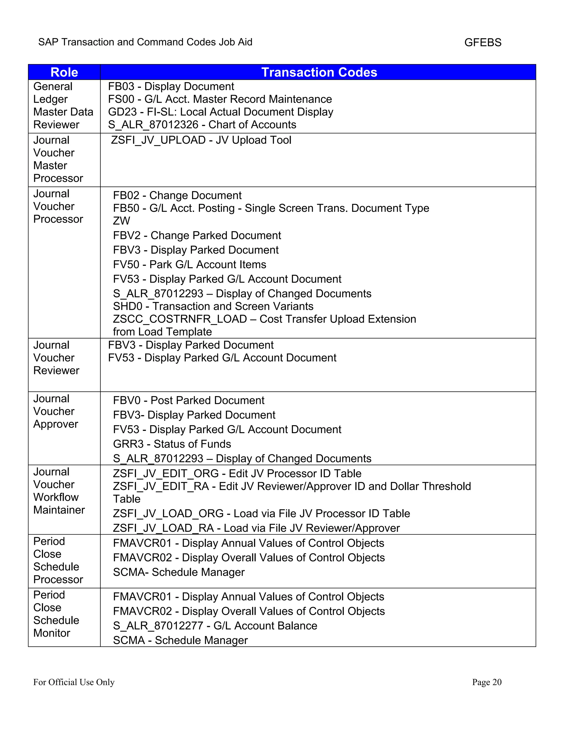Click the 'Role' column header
tap(64, 72)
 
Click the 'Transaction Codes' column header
tap(319, 72)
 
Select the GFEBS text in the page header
tap(483, 42)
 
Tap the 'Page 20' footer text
tap(486, 682)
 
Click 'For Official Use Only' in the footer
tap(74, 682)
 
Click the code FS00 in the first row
tap(121, 99)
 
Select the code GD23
tap(122, 112)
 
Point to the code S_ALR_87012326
tap(153, 124)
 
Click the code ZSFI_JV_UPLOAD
tap(158, 140)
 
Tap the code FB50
tap(126, 208)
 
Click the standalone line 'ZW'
tap(121, 221)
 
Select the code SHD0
tap(127, 306)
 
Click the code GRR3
tap(128, 444)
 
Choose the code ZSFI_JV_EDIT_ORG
tap(166, 473)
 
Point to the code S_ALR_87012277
tap(158, 626)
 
